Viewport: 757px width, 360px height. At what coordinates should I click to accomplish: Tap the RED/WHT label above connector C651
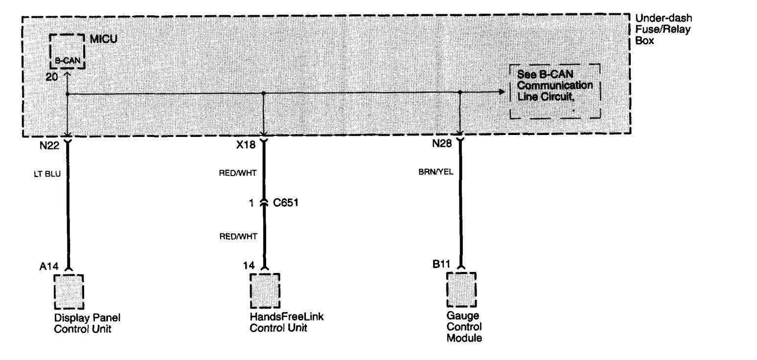(238, 174)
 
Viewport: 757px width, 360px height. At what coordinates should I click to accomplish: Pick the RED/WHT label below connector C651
(238, 235)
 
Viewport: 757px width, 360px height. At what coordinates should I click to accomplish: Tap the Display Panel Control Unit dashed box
(69, 292)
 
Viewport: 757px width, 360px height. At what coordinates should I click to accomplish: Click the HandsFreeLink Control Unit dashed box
(265, 291)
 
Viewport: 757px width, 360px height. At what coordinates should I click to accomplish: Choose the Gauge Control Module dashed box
(461, 290)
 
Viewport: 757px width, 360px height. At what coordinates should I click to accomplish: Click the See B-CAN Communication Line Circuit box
(555, 91)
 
